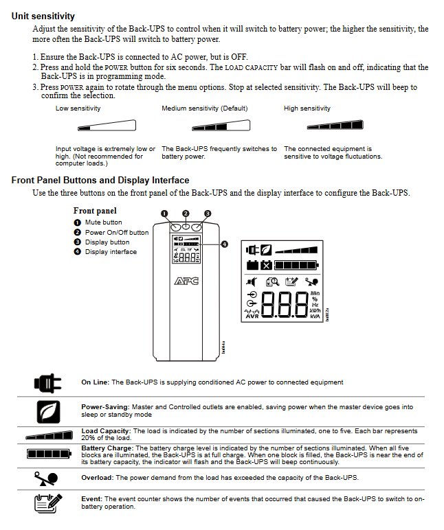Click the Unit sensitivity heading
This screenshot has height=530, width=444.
point(43,16)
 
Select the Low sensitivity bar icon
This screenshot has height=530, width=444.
point(107,126)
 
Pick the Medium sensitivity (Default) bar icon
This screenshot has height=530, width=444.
point(221,126)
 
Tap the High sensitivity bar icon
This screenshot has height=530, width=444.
point(334,125)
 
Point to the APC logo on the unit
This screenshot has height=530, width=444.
point(186,281)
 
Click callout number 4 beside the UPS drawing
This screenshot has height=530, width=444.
point(225,244)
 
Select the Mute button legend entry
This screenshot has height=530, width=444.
point(103,222)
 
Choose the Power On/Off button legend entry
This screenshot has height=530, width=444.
point(116,232)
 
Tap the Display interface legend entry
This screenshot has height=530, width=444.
point(111,252)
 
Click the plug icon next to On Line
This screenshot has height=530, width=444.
point(47,382)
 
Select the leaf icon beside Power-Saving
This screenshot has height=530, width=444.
point(47,411)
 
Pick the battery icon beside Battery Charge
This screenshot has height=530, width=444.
point(47,454)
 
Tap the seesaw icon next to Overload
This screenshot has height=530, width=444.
point(47,478)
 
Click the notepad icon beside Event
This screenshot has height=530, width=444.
point(47,503)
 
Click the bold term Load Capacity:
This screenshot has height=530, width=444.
point(106,430)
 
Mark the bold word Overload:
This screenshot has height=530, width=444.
point(97,477)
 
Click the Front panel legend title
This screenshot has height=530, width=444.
point(95,211)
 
